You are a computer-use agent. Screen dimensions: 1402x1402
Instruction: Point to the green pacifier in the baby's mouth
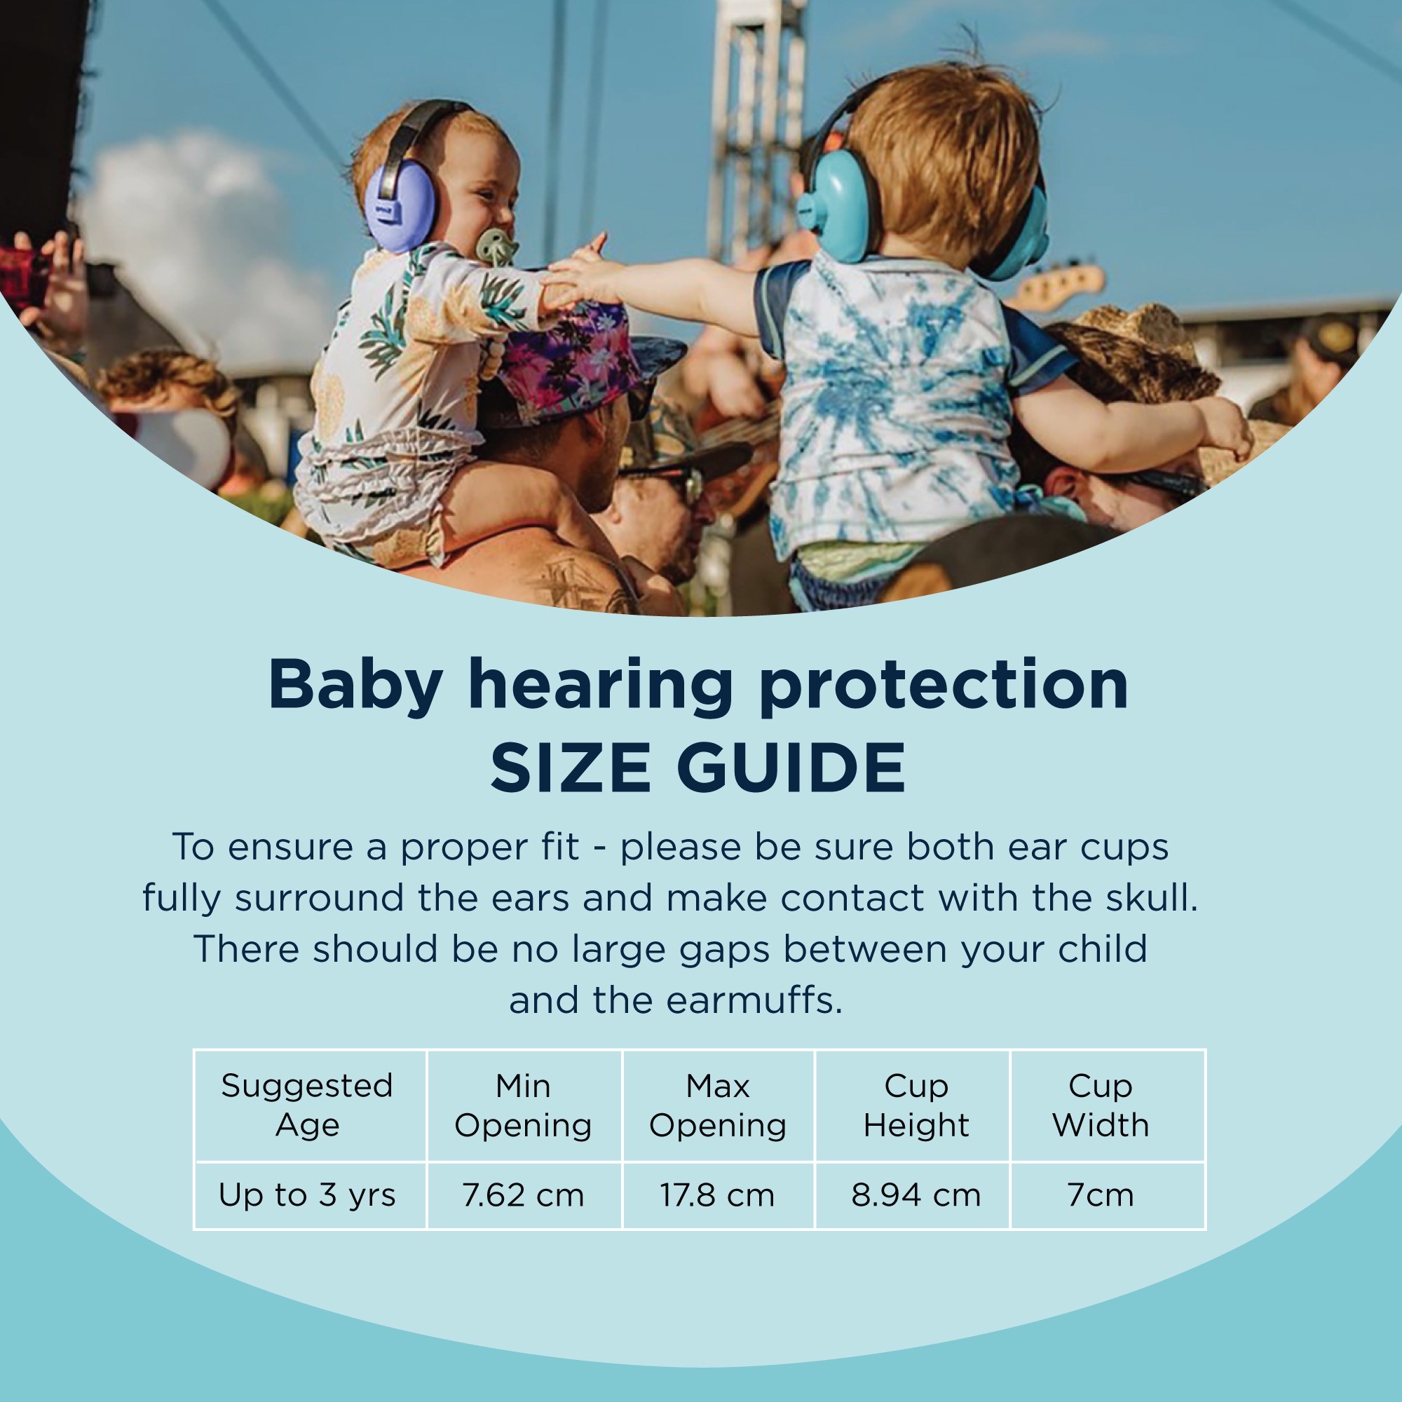tap(496, 247)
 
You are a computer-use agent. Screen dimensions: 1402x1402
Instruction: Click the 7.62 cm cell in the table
tap(523, 1195)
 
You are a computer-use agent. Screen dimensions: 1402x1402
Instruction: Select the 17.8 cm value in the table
tap(717, 1195)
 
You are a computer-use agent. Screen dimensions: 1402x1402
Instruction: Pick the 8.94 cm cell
tap(916, 1195)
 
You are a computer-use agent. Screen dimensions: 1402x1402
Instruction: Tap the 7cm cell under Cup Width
tap(1100, 1195)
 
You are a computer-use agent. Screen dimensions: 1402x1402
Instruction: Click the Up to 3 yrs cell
tap(307, 1196)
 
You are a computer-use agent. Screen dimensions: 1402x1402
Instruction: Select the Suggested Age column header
tap(307, 1105)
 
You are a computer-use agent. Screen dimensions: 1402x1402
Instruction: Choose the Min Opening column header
tap(523, 1105)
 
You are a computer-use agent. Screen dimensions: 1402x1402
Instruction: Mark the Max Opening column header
tap(718, 1105)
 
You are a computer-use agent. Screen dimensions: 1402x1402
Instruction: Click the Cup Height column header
tap(916, 1105)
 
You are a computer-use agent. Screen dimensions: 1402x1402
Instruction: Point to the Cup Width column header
tap(1100, 1105)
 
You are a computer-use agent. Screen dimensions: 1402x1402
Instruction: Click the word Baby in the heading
tap(355, 686)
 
